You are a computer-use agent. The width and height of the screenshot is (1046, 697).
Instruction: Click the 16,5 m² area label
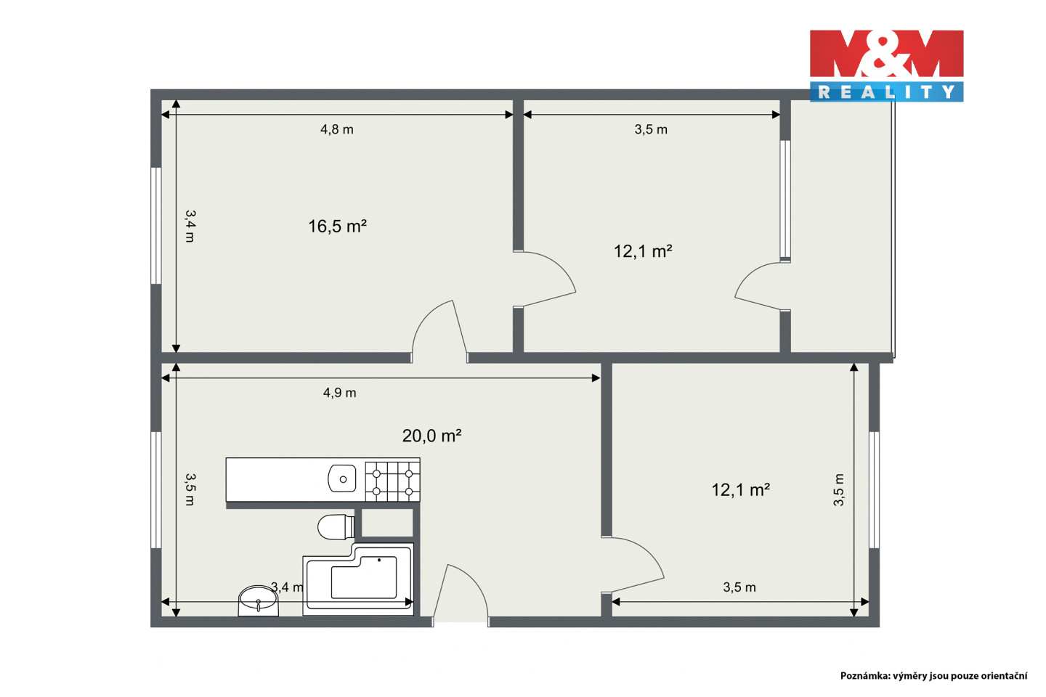tap(337, 227)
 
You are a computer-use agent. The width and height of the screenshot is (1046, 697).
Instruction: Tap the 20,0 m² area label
tap(431, 436)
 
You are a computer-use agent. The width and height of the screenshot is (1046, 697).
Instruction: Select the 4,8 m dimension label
tap(337, 129)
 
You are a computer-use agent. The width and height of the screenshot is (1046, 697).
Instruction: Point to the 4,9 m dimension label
tap(339, 393)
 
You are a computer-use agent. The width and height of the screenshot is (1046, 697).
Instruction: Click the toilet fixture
tap(336, 526)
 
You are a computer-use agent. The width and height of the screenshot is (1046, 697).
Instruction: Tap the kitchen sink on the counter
tap(342, 478)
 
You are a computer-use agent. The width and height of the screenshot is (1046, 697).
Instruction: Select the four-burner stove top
tap(392, 481)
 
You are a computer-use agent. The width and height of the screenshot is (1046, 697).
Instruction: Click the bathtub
tap(358, 579)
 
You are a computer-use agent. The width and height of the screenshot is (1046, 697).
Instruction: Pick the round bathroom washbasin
tap(259, 601)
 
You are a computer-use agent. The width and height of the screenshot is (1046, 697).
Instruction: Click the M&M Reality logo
tap(886, 66)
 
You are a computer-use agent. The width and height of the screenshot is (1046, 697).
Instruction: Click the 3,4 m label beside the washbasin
tap(287, 587)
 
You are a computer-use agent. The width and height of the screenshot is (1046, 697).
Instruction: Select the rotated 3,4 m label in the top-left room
tap(190, 226)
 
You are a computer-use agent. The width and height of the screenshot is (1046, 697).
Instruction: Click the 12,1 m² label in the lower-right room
tap(741, 490)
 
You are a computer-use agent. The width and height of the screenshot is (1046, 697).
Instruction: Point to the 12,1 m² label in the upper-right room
tap(643, 251)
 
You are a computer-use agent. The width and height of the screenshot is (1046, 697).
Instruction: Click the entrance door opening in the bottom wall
tap(461, 621)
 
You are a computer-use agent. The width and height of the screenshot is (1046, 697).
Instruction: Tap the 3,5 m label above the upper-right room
tap(651, 129)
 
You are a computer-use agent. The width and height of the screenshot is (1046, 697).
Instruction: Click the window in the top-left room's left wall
tap(156, 226)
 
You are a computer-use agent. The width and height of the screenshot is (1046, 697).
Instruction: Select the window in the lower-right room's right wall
tap(874, 490)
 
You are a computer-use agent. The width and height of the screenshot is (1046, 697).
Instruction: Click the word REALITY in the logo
tap(886, 92)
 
